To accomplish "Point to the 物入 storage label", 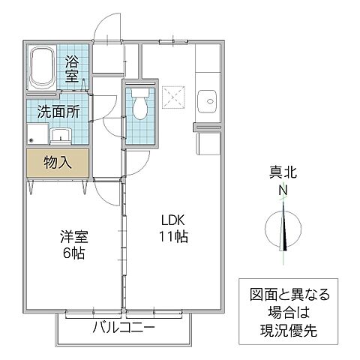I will pos(58,161).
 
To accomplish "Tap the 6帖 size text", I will pos(73,253).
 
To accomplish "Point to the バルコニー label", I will pos(123,328).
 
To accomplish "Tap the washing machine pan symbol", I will pos(38,136).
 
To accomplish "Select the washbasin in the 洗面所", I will pos(60,135).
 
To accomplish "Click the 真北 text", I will pos(284,173).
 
